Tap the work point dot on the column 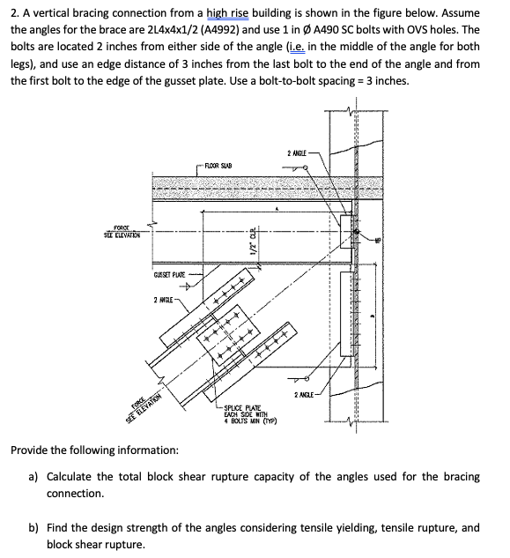[x=358, y=233]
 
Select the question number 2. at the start [x=15, y=12]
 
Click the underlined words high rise [x=255, y=12]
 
